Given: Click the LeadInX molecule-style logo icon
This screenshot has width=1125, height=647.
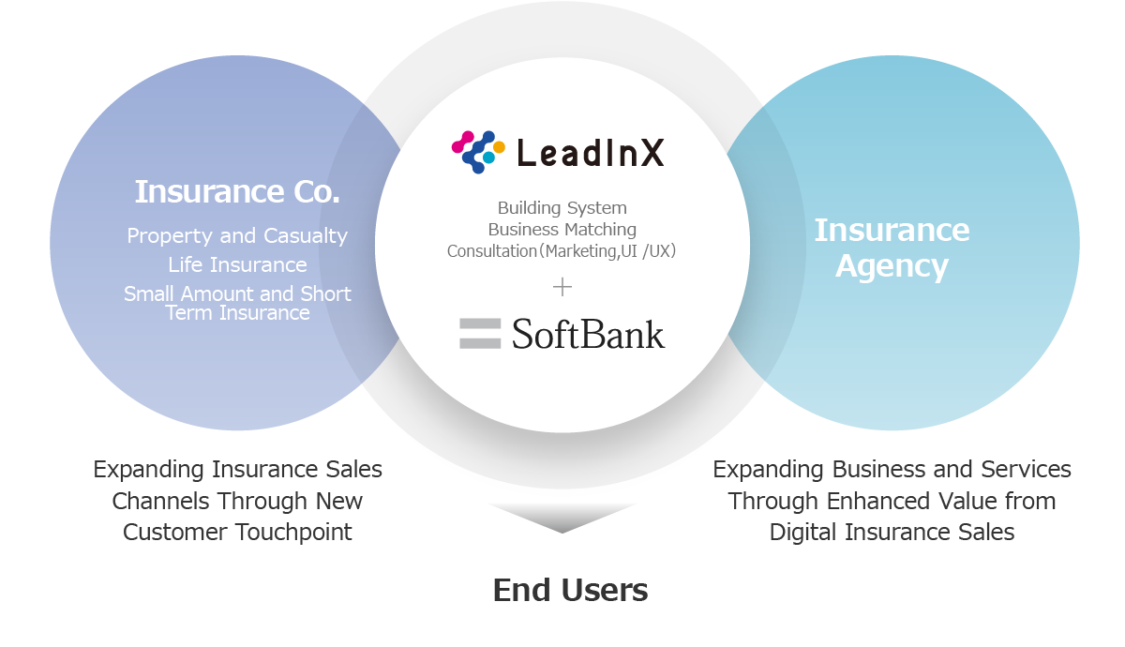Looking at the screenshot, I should click(478, 152).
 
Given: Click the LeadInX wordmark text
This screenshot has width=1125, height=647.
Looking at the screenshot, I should click(591, 153).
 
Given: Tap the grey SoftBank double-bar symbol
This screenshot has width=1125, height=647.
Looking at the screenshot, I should click(480, 334).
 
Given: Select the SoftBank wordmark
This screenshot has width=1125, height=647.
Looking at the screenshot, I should click(589, 334).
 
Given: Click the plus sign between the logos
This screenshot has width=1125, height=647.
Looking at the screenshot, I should click(562, 287).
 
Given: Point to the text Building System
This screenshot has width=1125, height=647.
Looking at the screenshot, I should click(562, 208).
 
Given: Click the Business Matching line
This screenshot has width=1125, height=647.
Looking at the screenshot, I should click(562, 230).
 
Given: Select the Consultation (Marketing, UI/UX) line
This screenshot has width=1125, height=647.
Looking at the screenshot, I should click(562, 251).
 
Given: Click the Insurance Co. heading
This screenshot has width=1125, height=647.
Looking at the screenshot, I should click(237, 192).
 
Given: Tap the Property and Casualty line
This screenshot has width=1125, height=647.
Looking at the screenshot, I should click(237, 236).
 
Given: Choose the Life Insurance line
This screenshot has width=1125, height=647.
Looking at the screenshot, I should click(237, 265).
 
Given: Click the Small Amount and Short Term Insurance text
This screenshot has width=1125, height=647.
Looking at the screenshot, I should click(237, 303).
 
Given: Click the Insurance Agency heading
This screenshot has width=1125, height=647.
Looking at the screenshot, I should click(892, 248).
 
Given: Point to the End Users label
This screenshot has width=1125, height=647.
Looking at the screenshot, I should click(570, 591).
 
